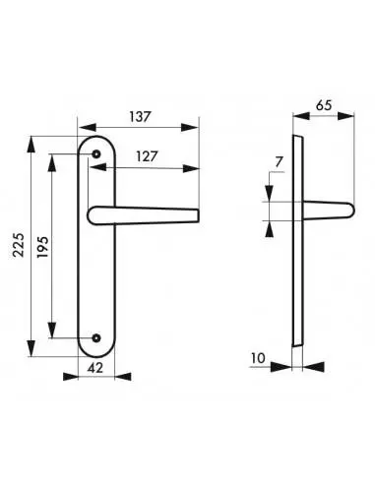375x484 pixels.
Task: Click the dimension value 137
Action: coord(140,116)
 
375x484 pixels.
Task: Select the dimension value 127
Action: coord(147,156)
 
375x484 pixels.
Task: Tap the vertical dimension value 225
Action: coord(19,245)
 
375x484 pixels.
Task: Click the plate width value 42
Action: coord(95,368)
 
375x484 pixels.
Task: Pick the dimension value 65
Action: coord(324,105)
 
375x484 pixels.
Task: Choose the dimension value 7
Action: coord(279,162)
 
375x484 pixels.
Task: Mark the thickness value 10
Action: coord(258,358)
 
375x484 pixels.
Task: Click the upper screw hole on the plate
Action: coord(96,153)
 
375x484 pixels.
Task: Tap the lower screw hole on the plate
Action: coord(96,337)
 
